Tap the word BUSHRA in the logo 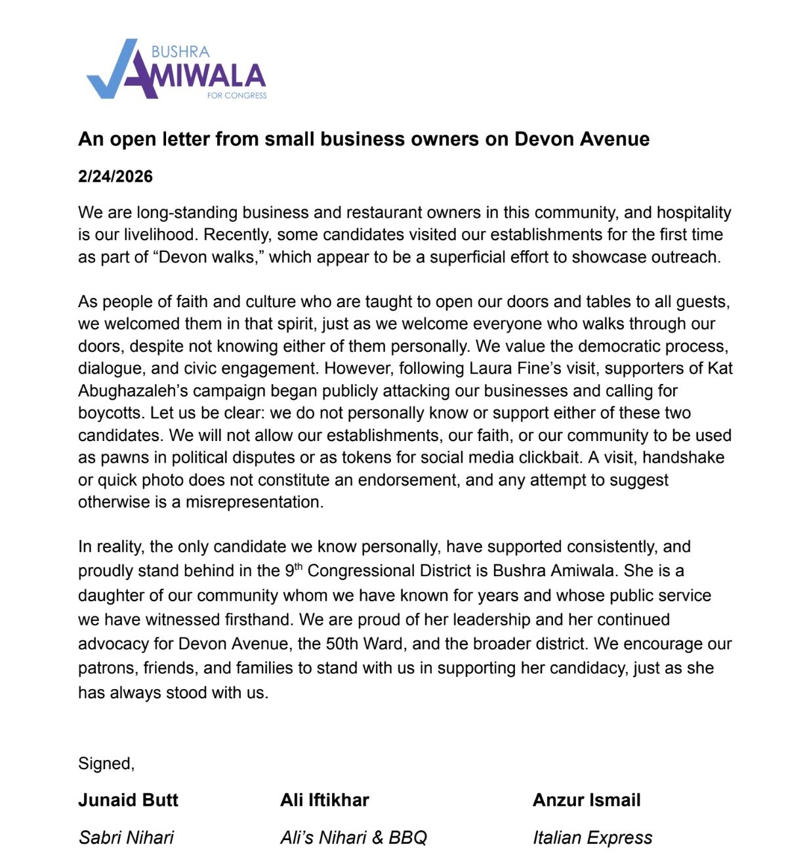point(180,52)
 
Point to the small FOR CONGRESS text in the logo point(237,96)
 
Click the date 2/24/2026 point(115,177)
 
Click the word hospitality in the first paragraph point(693,213)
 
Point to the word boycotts point(110,413)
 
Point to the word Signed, point(106,764)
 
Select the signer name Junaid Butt point(129,801)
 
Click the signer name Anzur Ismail point(587,801)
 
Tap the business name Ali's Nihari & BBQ point(354,838)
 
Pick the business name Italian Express point(592,838)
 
